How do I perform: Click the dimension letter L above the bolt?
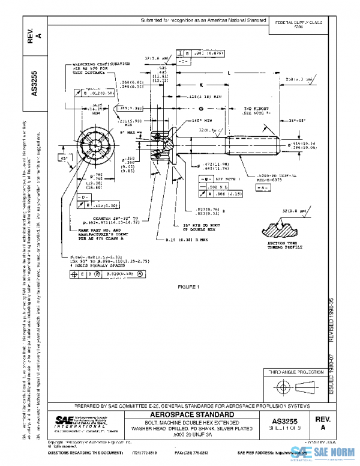(229, 73)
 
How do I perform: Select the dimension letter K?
(202, 85)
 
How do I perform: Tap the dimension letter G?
(200, 109)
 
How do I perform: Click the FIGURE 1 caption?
(188, 287)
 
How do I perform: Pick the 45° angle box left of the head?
(63, 159)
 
